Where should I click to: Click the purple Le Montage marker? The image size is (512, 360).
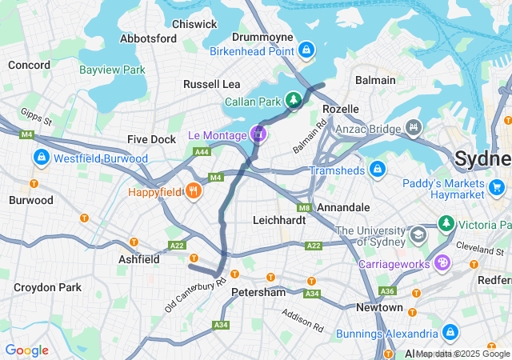(258, 134)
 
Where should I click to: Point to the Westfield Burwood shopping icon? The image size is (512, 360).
(41, 158)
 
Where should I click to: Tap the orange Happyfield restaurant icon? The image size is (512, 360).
(193, 191)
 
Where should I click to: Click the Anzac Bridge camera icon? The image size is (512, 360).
(414, 126)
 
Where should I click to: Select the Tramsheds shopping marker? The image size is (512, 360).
(378, 170)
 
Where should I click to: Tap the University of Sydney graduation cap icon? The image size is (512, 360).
(418, 234)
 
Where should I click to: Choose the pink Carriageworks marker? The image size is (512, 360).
(442, 262)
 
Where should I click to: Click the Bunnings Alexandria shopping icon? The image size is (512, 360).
(450, 331)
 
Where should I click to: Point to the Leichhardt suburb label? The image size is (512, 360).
(280, 219)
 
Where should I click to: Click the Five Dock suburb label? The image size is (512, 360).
(151, 139)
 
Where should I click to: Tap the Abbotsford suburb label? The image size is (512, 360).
(148, 38)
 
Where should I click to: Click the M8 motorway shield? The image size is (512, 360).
(303, 207)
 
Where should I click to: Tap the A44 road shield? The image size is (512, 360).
(202, 151)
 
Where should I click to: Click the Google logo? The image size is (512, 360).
(26, 350)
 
